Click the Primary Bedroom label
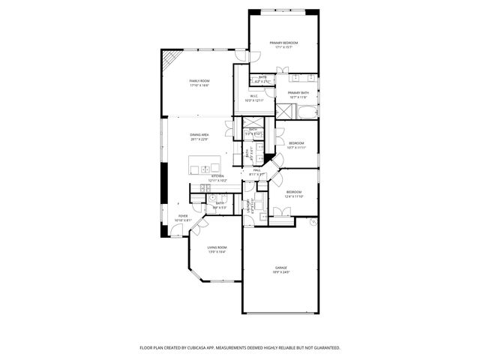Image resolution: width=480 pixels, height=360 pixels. coord(283,43)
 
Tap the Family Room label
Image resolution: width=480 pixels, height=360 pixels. coord(199,81)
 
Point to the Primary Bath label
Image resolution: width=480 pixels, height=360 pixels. coord(298,93)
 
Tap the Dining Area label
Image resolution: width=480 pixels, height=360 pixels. coord(199,135)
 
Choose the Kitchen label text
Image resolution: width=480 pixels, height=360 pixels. coord(216,176)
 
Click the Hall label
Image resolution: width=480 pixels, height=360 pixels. coord(256,170)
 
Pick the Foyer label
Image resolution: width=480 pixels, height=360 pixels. coord(183,215)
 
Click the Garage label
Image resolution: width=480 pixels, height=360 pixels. coord(281,268)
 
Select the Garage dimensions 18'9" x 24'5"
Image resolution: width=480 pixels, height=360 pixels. coord(281,272)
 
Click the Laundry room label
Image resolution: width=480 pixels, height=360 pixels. coord(248,205)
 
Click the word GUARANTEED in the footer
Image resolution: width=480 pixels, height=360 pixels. coord(324,348)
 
